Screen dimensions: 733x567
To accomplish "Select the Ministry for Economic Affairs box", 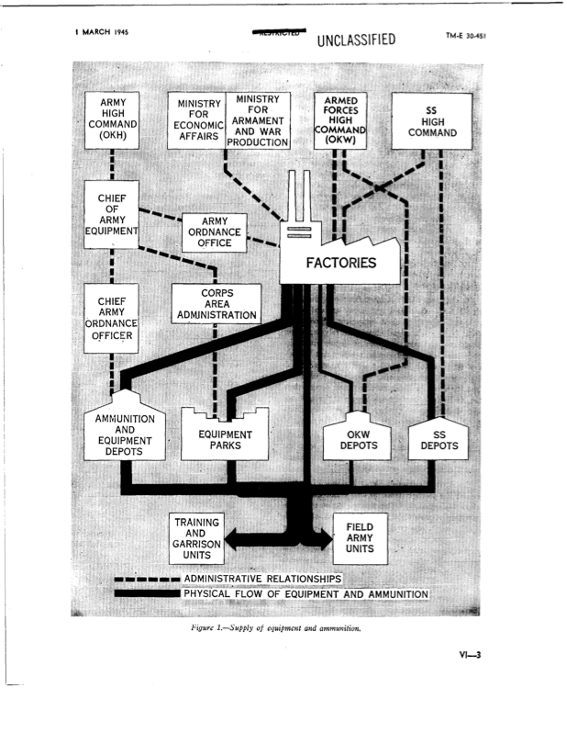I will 196,123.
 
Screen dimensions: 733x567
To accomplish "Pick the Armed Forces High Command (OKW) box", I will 340,120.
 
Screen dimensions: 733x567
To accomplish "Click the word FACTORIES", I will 341,263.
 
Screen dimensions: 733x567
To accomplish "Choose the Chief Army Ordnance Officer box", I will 111,318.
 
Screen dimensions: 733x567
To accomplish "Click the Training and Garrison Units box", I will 196,538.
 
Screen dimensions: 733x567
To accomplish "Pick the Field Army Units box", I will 358,538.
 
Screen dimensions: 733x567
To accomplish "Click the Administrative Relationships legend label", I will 262,579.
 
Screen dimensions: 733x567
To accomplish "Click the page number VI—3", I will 472,655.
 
